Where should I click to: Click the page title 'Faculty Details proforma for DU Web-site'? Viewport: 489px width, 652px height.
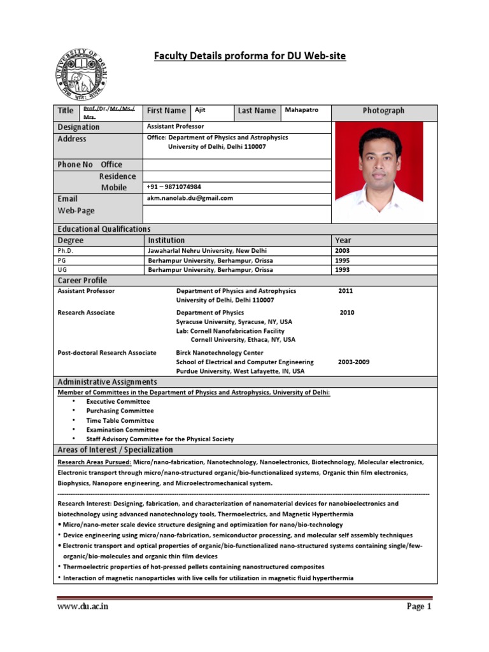[x=250, y=56]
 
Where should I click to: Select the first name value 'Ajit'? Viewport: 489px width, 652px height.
[x=200, y=110]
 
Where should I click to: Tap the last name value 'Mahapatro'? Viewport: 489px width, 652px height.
[x=301, y=110]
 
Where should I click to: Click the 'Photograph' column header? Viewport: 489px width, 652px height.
[x=383, y=111]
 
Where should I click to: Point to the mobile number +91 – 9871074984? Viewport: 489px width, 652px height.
[x=174, y=187]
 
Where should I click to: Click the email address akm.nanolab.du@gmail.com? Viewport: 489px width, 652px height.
[x=190, y=198]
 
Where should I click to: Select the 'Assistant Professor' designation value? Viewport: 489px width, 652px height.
[x=175, y=127]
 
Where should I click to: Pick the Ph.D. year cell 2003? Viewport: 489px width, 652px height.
[x=342, y=251]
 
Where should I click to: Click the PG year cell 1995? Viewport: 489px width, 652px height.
[x=342, y=260]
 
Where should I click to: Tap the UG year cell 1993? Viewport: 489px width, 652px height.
[x=342, y=270]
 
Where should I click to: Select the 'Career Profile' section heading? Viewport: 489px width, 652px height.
[x=82, y=280]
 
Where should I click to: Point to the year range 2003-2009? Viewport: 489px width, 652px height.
[x=353, y=362]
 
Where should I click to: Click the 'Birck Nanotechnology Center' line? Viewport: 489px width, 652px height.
[x=219, y=353]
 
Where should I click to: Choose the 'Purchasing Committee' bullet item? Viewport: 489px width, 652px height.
[x=120, y=411]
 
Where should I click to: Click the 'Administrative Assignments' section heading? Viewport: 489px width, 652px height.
[x=107, y=381]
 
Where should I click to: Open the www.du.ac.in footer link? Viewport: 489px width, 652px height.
[x=83, y=607]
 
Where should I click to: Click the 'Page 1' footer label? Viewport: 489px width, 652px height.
[x=419, y=607]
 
